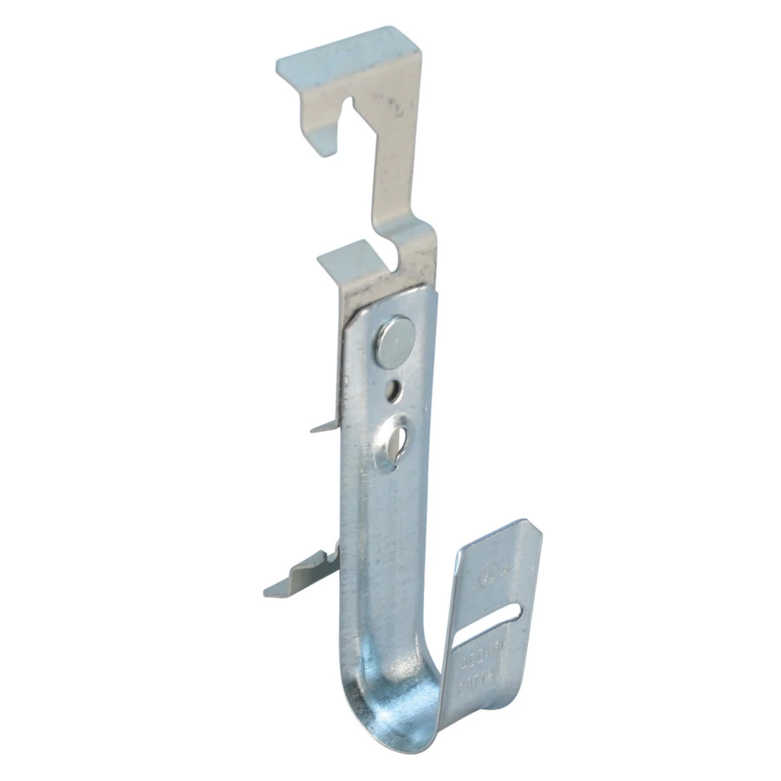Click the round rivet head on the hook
point(394,341)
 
